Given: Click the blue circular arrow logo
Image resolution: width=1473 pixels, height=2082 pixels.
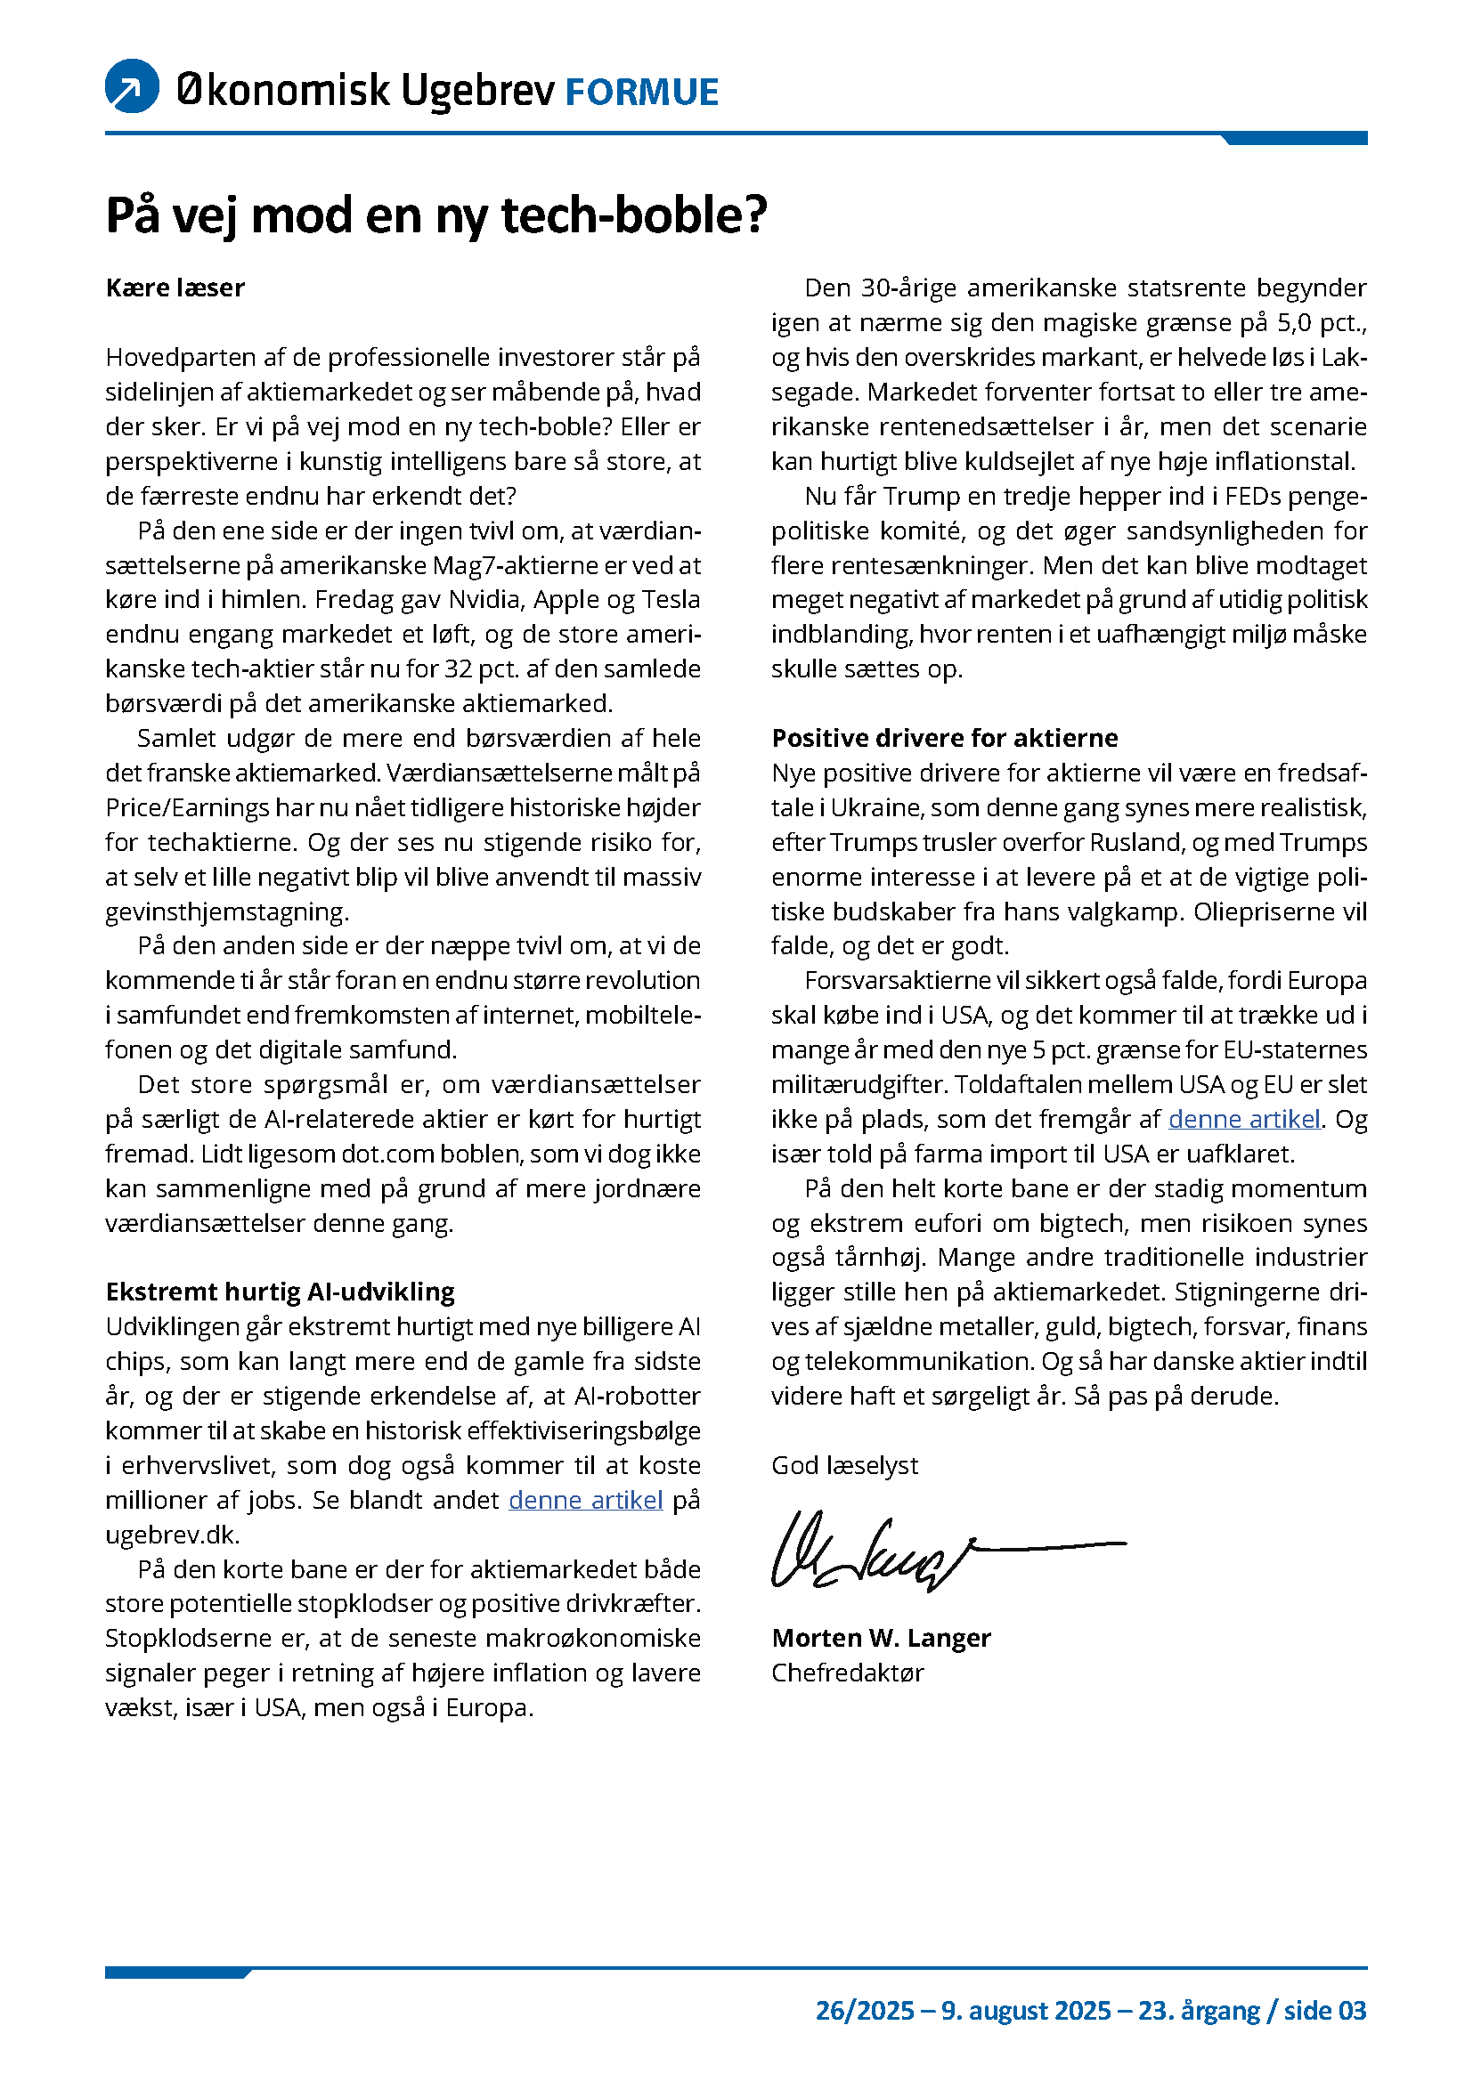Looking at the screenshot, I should [x=133, y=86].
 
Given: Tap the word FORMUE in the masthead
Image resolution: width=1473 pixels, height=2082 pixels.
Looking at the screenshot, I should [x=641, y=93].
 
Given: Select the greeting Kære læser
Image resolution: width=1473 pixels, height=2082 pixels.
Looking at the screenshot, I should [x=175, y=288].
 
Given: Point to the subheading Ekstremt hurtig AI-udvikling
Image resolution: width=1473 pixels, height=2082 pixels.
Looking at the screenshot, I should [x=281, y=1292].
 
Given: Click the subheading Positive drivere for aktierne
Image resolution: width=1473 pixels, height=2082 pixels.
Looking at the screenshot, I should [x=944, y=738].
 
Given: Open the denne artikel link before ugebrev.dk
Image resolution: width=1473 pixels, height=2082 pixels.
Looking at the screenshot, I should [x=585, y=1500].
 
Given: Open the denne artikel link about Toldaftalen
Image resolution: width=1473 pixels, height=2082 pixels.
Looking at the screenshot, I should [x=1243, y=1119].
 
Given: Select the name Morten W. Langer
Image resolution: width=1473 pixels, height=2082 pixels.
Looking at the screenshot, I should [x=881, y=1638].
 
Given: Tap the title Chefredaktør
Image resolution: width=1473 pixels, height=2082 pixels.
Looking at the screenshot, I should [x=847, y=1673].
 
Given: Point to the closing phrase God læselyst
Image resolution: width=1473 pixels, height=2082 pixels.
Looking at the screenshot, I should [x=844, y=1465].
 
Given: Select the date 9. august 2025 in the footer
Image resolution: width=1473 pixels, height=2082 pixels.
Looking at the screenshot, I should [x=1026, y=2011].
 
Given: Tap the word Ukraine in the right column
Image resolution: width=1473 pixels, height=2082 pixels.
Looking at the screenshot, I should [x=876, y=808].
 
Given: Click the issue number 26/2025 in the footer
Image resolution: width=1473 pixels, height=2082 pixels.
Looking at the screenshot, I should [x=865, y=2011].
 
